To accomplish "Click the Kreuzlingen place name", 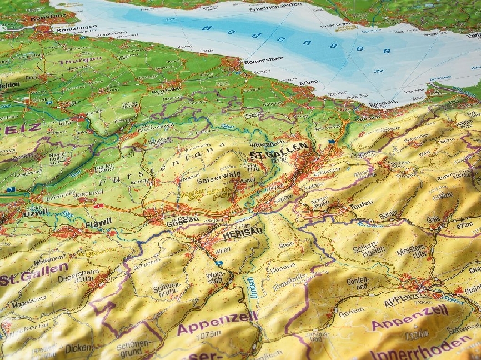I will coord(74,27).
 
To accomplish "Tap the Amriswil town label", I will coord(166,89).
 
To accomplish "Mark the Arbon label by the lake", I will coord(308,82).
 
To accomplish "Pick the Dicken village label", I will coord(78,348).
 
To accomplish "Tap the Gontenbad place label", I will coord(358,284).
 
